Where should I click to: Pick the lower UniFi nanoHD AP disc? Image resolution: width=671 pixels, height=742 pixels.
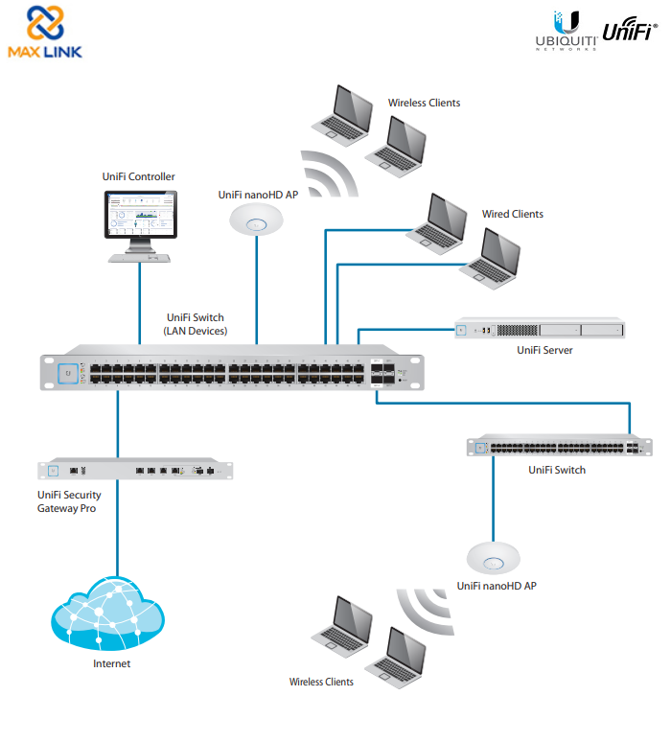pos(494,559)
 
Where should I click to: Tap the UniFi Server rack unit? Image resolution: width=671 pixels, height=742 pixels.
pos(539,330)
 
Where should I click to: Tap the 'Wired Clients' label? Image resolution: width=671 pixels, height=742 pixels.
pos(512,215)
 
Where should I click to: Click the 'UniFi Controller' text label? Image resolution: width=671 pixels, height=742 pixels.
pos(139,176)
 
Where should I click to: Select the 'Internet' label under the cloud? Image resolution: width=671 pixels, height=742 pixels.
pos(111,663)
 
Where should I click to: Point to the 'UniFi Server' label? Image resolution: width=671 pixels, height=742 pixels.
pos(544,351)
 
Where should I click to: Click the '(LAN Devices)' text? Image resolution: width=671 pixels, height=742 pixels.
pos(197,331)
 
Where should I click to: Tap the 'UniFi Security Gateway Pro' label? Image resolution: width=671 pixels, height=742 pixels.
pos(69,501)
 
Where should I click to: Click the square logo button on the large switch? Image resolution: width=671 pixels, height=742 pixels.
pos(67,372)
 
